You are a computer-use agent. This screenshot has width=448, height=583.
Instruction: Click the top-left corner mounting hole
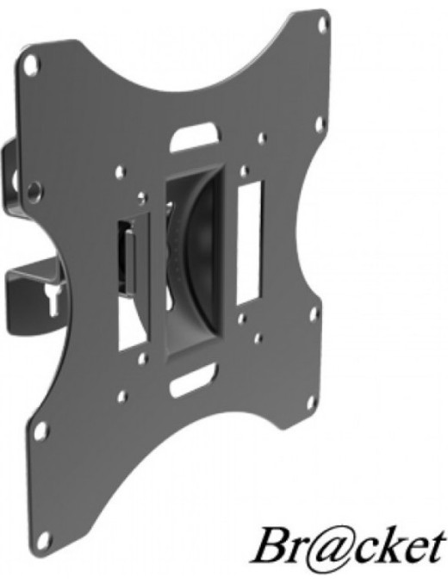pos(32,63)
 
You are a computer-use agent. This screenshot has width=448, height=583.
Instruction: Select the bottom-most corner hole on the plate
pos(45,539)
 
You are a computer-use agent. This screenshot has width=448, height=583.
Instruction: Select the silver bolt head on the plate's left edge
pos(34,190)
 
